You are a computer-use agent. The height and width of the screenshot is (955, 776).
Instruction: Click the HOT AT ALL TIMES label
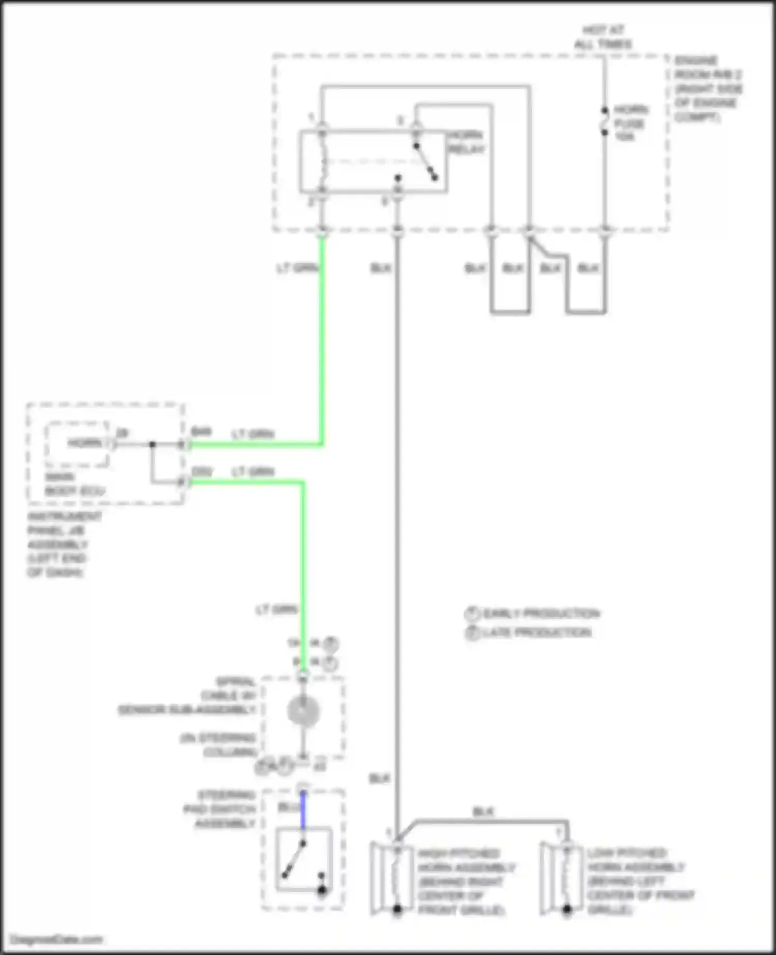click(603, 37)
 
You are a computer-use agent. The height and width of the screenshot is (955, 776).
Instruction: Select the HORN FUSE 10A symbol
click(604, 122)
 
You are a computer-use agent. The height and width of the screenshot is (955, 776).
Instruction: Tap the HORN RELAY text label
click(466, 142)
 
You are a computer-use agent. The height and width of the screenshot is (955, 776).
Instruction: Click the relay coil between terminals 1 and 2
click(322, 161)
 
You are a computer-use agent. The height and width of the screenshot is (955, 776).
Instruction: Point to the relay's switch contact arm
click(425, 161)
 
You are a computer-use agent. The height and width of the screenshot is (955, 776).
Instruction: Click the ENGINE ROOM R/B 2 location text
click(708, 89)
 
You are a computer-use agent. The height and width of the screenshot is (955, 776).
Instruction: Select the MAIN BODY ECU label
click(74, 484)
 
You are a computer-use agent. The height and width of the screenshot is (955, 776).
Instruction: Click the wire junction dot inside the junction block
click(152, 444)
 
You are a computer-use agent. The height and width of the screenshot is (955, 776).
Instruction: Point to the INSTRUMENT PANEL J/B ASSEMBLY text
click(58, 544)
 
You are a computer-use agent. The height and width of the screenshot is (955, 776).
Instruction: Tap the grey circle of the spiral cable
click(304, 711)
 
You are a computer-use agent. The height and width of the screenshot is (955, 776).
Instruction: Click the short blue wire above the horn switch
click(303, 810)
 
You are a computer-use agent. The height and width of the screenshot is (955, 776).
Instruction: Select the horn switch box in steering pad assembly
click(303, 859)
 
